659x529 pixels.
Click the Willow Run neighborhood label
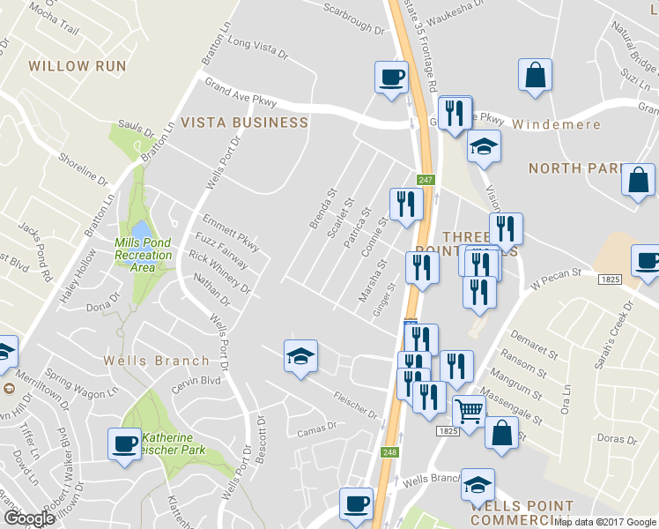(x=78, y=66)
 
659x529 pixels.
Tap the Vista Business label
(x=244, y=123)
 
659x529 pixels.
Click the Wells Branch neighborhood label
(x=156, y=361)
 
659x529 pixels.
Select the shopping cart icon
(x=469, y=412)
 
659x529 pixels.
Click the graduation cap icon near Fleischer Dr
(x=300, y=357)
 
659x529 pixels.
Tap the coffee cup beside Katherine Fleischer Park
(x=124, y=443)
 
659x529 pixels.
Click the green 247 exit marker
(x=426, y=180)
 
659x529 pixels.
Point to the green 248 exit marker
(x=389, y=452)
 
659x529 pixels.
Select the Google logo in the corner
(x=29, y=518)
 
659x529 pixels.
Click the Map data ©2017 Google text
(x=604, y=522)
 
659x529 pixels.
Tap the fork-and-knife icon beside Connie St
(x=406, y=205)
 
